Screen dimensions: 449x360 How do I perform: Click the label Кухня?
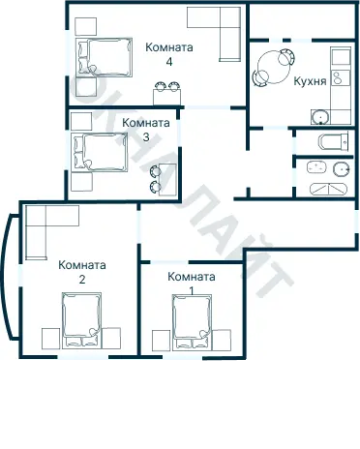click(310, 82)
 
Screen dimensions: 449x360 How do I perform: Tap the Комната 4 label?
click(169, 53)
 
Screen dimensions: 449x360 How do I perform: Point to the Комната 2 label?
click(82, 272)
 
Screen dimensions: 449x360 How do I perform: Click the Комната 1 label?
click(191, 283)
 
